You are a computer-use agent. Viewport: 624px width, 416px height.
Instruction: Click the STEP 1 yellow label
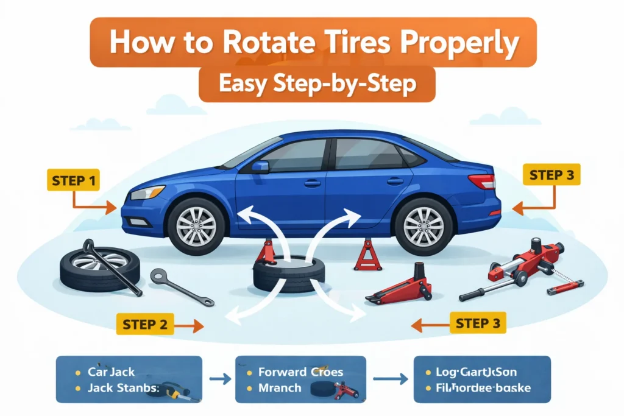[x=73, y=181]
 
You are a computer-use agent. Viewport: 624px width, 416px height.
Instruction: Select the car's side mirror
[x=260, y=166]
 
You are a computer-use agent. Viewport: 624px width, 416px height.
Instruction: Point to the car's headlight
[x=147, y=193]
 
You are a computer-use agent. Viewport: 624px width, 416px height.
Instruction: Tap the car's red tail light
[x=482, y=182]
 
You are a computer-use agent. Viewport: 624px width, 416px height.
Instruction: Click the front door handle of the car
[x=313, y=183]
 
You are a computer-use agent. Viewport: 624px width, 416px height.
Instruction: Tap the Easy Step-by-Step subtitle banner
[x=317, y=85]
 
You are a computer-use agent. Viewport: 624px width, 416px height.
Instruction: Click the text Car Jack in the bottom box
[x=112, y=371]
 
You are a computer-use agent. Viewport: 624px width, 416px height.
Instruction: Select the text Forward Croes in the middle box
[x=300, y=372]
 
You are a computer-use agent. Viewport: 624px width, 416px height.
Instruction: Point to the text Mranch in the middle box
[x=280, y=387]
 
